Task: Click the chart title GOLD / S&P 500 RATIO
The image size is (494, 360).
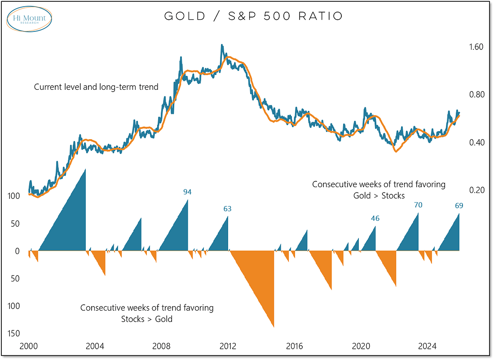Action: point(254,17)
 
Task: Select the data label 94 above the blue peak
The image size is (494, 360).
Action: point(187,192)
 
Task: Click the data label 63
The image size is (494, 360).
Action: point(227,209)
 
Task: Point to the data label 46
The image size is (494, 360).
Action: point(375,219)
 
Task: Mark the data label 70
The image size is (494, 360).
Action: point(418,205)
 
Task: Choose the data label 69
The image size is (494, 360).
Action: point(459,206)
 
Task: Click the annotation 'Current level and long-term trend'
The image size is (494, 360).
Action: point(96,87)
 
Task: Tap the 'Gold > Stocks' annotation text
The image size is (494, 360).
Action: point(379,195)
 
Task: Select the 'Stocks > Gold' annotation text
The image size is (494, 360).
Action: point(147,319)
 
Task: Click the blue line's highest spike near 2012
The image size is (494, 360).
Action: point(221,45)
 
